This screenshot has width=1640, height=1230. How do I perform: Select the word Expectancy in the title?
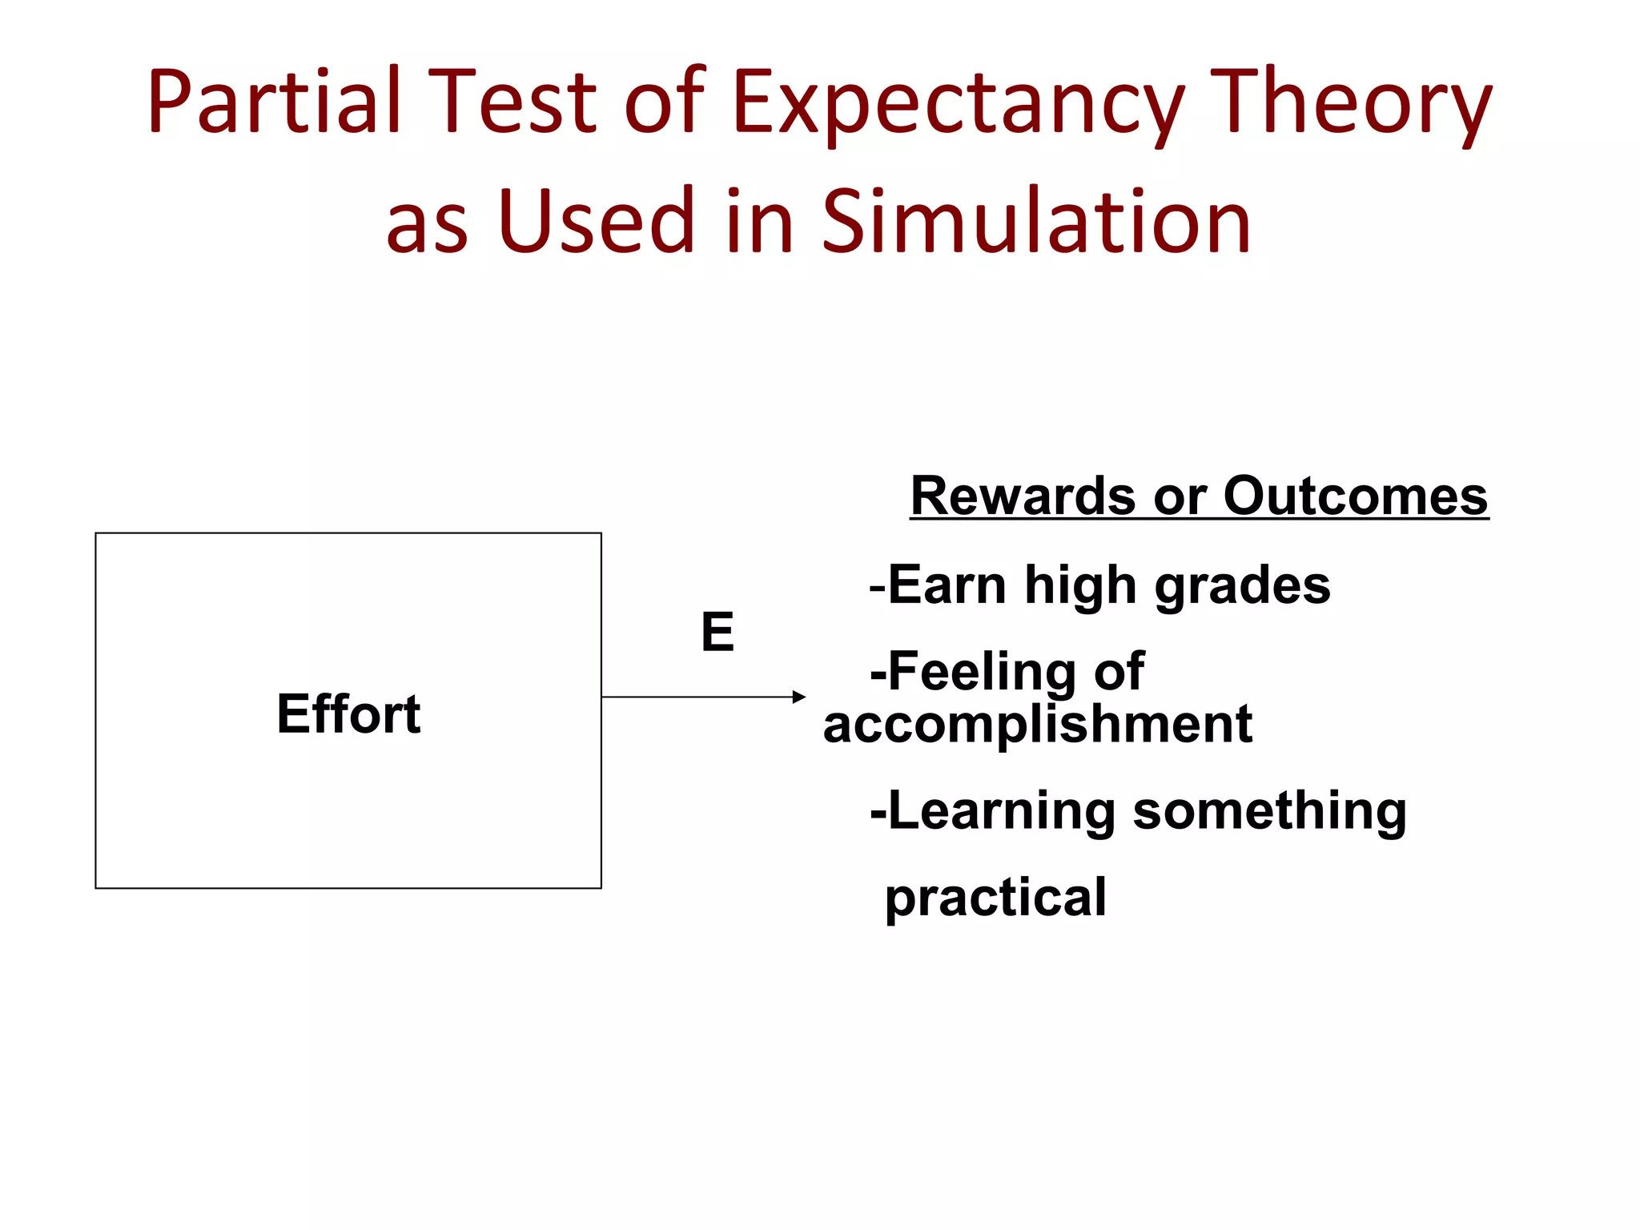[958, 102]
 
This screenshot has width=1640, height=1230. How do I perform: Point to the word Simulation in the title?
[1036, 220]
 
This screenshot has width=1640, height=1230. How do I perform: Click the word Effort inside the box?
[348, 713]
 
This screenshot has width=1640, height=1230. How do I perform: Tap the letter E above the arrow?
[717, 632]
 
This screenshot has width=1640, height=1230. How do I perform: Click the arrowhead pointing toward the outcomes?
[798, 697]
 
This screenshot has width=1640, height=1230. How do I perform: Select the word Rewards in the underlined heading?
[1023, 496]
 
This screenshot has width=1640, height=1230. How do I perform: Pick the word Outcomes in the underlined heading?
[1355, 496]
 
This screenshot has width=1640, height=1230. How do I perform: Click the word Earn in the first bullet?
[947, 585]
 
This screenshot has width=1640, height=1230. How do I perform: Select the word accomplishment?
[1038, 724]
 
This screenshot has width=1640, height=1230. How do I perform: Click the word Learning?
[1001, 811]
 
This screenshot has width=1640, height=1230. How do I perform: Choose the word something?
[1269, 811]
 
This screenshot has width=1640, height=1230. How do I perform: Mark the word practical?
[995, 898]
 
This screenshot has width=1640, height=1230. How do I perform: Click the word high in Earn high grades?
[1080, 586]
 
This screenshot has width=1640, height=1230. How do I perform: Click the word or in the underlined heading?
[1180, 497]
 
